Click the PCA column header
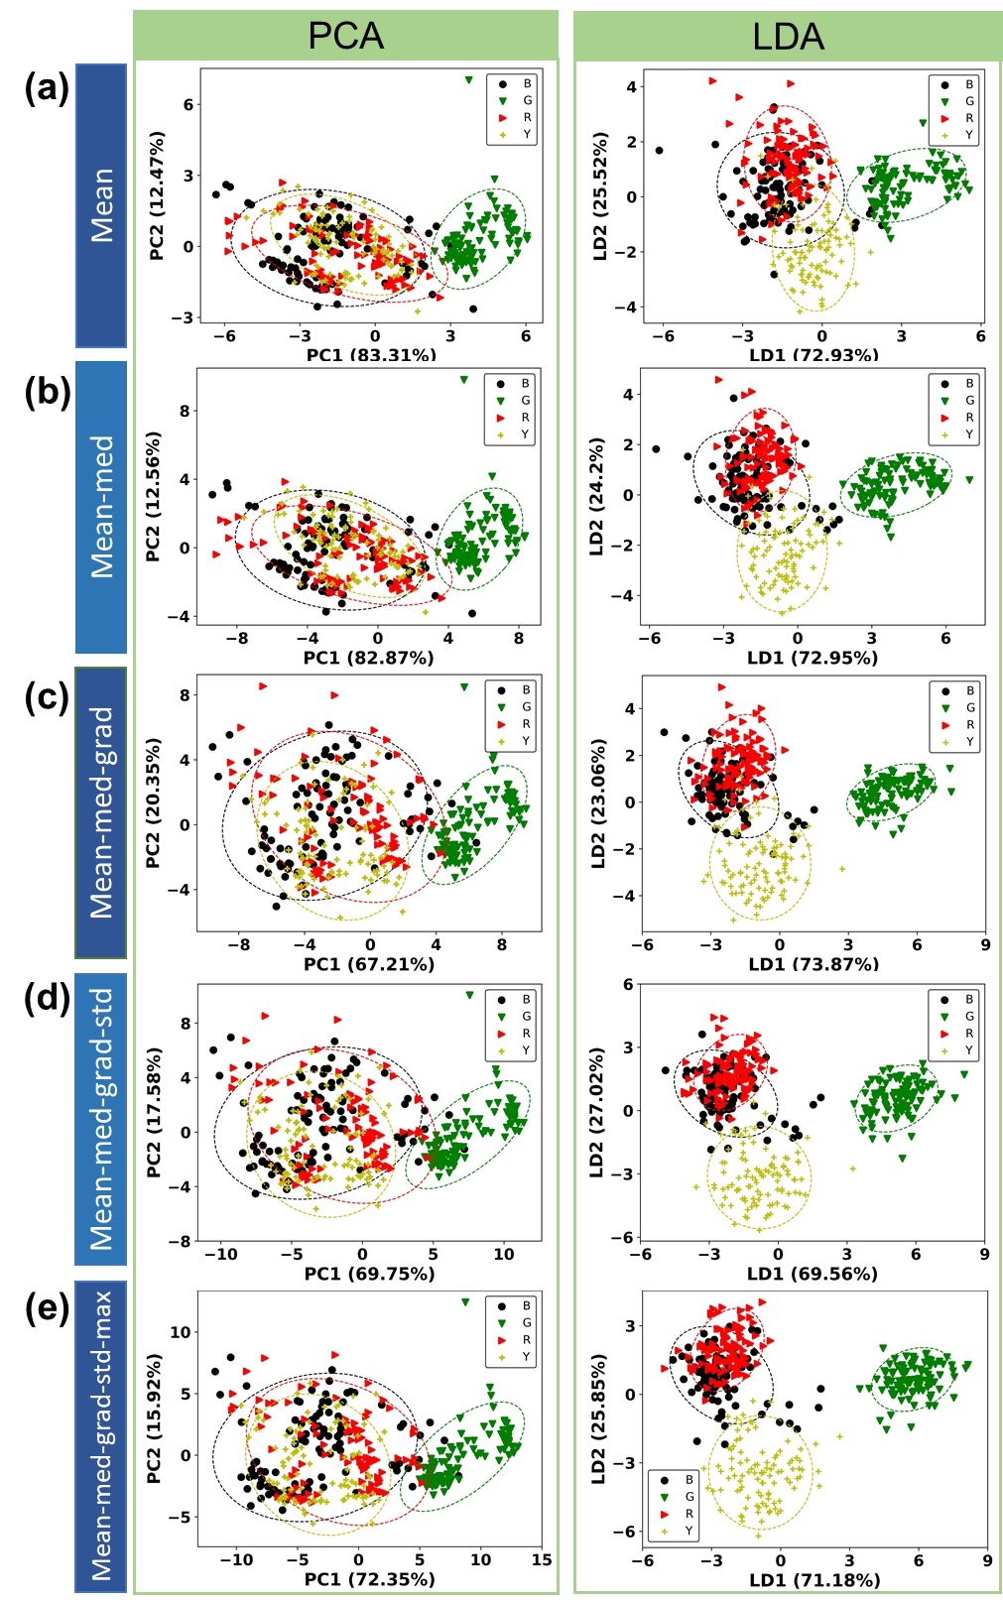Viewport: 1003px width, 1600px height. pyautogui.click(x=345, y=36)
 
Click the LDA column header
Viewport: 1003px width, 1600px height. pyautogui.click(x=788, y=37)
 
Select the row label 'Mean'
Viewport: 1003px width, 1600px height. pyautogui.click(x=101, y=205)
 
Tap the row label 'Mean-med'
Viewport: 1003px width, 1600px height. pyautogui.click(x=101, y=507)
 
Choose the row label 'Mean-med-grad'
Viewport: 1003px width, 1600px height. pyautogui.click(x=101, y=812)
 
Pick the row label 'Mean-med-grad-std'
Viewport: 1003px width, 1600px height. pyautogui.click(x=101, y=1119)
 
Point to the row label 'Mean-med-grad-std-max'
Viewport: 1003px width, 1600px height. pyautogui.click(x=101, y=1435)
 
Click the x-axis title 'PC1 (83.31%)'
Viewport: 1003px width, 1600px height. pyautogui.click(x=371, y=354)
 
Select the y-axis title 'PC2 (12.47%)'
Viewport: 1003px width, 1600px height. pyautogui.click(x=157, y=195)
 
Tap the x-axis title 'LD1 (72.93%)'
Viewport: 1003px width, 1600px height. pyautogui.click(x=814, y=354)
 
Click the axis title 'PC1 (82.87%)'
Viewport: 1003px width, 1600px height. pyautogui.click(x=368, y=658)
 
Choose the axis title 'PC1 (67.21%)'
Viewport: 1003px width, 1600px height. pyautogui.click(x=369, y=964)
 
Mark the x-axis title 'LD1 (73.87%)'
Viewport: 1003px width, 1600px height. pyautogui.click(x=814, y=964)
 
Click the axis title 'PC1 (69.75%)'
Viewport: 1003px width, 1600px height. pyautogui.click(x=369, y=1274)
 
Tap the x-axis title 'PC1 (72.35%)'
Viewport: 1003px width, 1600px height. pyautogui.click(x=369, y=1579)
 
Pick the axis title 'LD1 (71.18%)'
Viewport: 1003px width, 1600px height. pyautogui.click(x=814, y=1580)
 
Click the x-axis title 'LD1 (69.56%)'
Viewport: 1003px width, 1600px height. pyautogui.click(x=813, y=1274)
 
